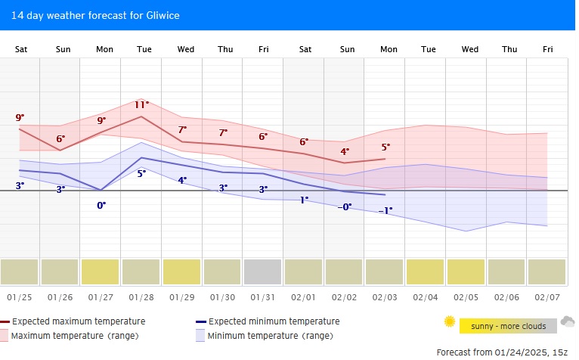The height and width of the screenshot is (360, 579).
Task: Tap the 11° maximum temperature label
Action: click(142, 104)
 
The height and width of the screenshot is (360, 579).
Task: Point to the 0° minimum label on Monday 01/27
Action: click(101, 205)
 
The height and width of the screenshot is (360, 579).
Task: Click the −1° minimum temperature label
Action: click(385, 210)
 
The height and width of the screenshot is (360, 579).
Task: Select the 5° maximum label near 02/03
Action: click(385, 147)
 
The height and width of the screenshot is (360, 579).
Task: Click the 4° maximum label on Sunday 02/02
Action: click(345, 151)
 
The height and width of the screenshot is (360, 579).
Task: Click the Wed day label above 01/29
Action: click(185, 49)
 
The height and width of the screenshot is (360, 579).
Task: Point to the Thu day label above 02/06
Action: click(509, 49)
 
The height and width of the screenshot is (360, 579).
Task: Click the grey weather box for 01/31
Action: click(263, 272)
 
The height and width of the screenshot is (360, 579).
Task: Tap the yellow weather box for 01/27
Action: click(101, 272)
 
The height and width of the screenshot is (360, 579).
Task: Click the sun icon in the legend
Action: click(450, 322)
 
